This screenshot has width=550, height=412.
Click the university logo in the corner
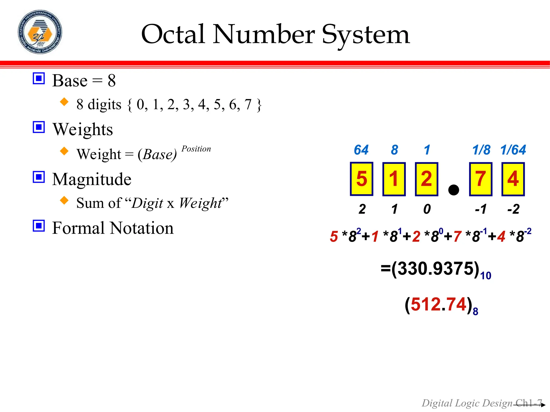coord(40,32)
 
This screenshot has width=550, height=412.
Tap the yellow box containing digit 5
coord(361,179)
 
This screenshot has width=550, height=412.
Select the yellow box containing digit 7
coord(480,179)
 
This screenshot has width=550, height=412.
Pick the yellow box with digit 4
coord(513,179)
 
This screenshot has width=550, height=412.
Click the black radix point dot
coord(454,190)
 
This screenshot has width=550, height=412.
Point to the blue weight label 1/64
coord(513,150)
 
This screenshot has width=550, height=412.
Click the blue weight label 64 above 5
coord(361,150)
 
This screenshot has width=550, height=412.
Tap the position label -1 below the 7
coord(481,209)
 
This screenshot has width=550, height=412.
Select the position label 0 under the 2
coord(427,209)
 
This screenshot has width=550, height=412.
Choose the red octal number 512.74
coord(439,304)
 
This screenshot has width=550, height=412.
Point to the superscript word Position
coord(196,149)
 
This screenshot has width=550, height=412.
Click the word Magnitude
coord(92,179)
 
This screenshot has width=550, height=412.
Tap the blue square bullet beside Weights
coord(39,127)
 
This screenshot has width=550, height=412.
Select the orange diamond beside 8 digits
coord(64,102)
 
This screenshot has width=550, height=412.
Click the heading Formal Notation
coord(113,228)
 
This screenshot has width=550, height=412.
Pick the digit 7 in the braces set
coord(248,105)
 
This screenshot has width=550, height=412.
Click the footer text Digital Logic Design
coord(467,403)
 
